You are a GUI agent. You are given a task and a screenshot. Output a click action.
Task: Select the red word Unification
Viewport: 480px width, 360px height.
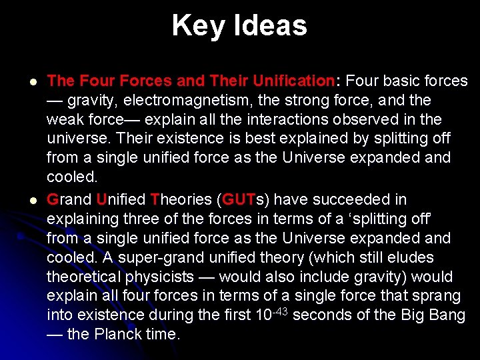tap(294, 81)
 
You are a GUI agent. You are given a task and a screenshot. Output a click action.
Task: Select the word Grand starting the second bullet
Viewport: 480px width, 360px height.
tap(70, 199)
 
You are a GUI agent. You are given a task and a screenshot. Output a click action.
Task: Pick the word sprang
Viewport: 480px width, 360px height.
tap(437, 296)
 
